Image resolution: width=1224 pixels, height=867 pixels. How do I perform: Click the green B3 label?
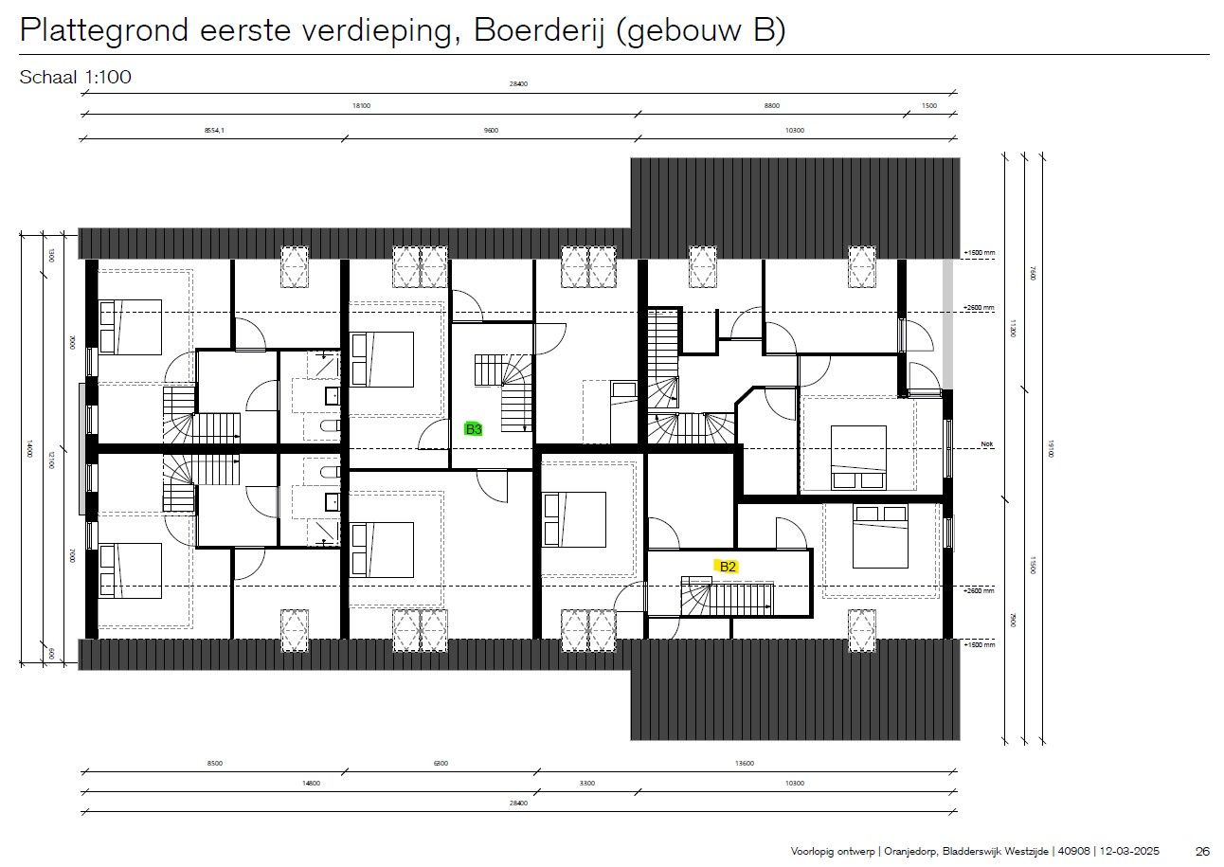tap(474, 429)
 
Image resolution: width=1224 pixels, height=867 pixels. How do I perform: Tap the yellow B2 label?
tap(728, 567)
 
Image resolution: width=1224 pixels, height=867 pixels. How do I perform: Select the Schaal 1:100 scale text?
tap(75, 78)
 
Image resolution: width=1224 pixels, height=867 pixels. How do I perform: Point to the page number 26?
tap(1203, 851)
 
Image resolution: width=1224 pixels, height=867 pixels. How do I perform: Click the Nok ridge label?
tap(987, 443)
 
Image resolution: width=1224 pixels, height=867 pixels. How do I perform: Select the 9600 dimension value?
tap(491, 131)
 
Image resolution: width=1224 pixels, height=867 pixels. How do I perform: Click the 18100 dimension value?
tap(361, 106)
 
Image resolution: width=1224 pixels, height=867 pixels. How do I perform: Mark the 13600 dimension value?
tap(747, 763)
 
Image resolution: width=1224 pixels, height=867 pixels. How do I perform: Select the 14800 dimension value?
tap(310, 784)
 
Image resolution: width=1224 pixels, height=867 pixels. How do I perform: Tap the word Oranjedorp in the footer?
tap(903, 851)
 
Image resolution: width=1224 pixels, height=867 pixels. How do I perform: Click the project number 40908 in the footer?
tap(1073, 851)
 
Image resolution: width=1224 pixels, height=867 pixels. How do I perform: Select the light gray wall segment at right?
tap(946, 322)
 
